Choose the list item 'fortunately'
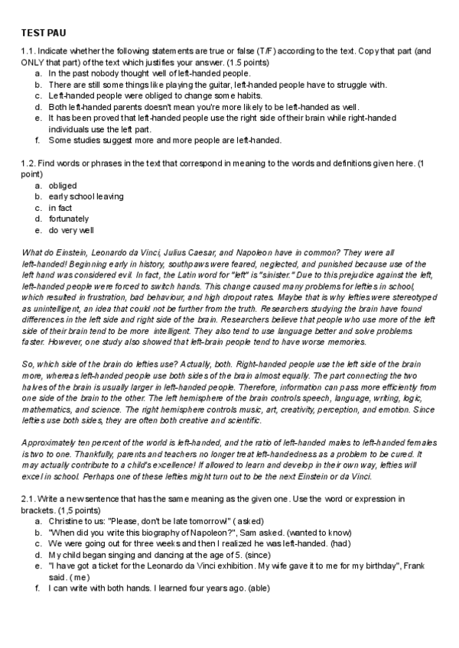point(69,219)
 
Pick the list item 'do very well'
point(73,230)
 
